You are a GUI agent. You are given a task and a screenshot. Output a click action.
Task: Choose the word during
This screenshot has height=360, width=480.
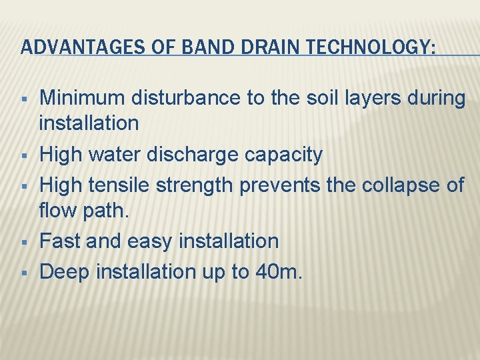click(435, 99)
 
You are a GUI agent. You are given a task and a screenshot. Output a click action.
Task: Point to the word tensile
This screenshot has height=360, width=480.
click(123, 185)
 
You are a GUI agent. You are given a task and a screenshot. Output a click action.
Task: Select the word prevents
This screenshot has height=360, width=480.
click(280, 185)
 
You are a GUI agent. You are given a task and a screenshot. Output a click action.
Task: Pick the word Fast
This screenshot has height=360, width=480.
click(60, 241)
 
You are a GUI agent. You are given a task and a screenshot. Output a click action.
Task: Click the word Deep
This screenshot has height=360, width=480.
click(65, 271)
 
